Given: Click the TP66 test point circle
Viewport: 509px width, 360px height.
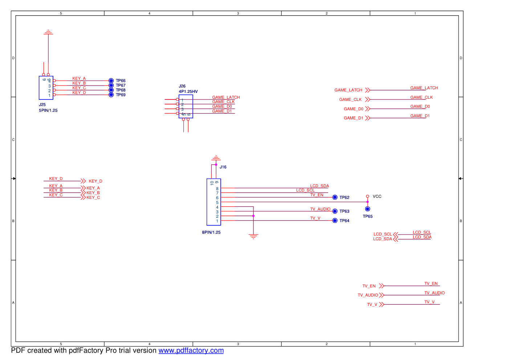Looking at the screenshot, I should [111, 81].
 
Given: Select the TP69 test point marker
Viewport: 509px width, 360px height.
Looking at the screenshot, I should [111, 95].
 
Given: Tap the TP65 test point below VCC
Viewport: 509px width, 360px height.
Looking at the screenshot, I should [367, 209].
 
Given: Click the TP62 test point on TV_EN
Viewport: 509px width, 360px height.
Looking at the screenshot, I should [335, 197].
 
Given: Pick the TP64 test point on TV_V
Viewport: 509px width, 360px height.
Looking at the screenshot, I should [335, 221].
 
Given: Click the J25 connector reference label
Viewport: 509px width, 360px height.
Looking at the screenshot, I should [42, 105].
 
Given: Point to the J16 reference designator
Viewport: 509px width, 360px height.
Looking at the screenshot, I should [223, 167].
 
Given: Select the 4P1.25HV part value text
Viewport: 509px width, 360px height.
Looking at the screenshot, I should [188, 91].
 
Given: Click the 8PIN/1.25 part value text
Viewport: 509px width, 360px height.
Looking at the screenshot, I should [211, 232].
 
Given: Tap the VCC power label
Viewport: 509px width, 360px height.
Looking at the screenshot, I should [377, 196].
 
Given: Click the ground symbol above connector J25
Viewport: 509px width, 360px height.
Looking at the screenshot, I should [48, 33].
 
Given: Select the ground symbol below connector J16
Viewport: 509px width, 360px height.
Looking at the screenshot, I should [253, 237].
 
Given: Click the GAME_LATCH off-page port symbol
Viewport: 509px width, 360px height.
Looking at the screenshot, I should [367, 90].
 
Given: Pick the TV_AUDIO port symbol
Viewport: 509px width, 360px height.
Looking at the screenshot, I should [381, 295].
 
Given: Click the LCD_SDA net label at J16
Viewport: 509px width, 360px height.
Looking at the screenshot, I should [319, 186].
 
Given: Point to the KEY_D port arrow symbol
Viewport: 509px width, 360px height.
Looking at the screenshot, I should [83, 181].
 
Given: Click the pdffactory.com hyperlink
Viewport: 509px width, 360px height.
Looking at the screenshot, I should [191, 351].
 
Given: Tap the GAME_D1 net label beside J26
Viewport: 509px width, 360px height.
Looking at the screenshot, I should [222, 111].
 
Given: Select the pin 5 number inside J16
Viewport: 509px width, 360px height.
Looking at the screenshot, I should [217, 202].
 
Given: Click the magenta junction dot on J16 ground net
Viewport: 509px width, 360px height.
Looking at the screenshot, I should [253, 216].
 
